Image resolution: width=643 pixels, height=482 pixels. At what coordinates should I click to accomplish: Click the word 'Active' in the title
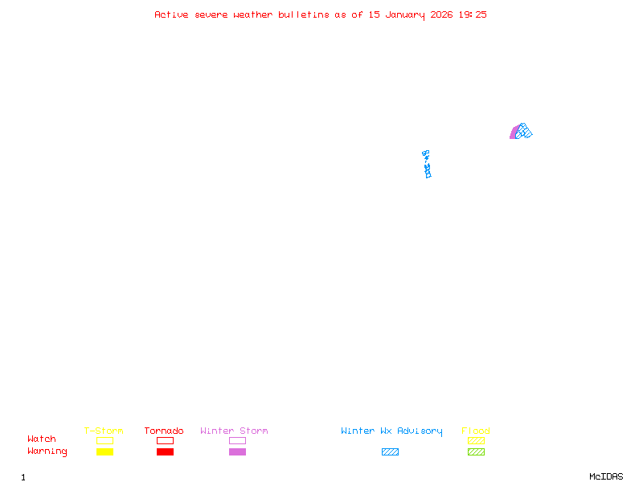pos(172,14)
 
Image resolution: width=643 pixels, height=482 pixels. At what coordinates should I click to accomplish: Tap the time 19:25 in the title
pos(473,14)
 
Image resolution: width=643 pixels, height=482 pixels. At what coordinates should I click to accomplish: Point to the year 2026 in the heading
pos(442,14)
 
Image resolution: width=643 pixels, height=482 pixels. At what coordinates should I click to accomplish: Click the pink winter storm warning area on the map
pos(514,133)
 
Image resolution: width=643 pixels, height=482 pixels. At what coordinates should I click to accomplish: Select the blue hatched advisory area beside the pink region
pos(524,131)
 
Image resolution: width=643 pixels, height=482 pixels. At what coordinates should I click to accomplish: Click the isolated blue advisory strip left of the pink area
pos(427,164)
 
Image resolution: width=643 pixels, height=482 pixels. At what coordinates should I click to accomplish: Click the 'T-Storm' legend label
pos(104,431)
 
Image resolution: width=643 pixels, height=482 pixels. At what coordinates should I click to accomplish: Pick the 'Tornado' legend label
pos(164,431)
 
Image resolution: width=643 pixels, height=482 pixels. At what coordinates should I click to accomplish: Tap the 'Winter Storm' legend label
pos(234,431)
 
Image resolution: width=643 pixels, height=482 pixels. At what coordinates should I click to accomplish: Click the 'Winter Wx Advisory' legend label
pos(391,431)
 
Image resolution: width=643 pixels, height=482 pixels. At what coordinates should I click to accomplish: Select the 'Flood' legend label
pos(476,431)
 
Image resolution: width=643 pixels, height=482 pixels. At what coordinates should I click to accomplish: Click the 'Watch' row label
pos(42,439)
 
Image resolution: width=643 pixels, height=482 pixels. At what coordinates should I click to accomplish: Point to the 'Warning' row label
pos(47,451)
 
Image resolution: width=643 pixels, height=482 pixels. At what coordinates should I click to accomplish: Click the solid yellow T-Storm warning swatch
pos(104,452)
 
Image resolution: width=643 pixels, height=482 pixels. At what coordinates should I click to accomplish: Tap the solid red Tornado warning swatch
pos(165,452)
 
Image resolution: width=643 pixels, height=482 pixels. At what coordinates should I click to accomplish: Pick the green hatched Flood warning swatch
pos(476,452)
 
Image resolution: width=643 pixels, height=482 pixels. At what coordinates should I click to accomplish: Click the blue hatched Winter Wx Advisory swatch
pos(390,452)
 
